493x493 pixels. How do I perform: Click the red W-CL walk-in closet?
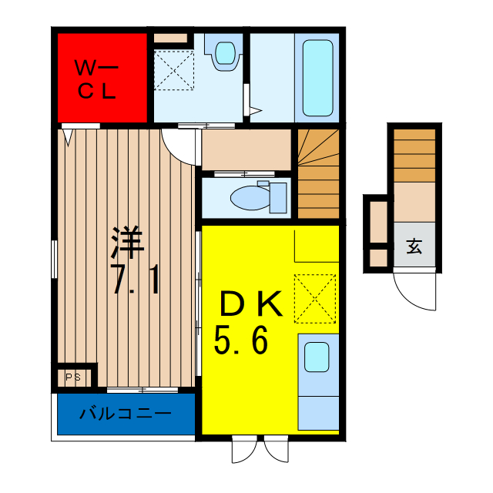pyautogui.click(x=102, y=76)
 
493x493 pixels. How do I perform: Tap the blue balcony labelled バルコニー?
pyautogui.click(x=126, y=414)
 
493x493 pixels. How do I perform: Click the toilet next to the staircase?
pyautogui.click(x=254, y=197)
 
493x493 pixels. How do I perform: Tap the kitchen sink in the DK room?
pyautogui.click(x=317, y=357)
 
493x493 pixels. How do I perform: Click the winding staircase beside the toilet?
pyautogui.click(x=318, y=173)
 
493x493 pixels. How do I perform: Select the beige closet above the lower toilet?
pyautogui.click(x=246, y=149)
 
